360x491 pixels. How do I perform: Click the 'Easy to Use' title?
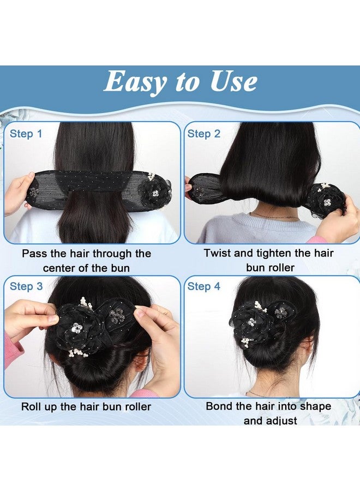click(x=180, y=82)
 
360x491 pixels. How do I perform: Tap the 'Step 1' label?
click(x=26, y=134)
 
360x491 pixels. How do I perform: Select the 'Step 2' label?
click(x=204, y=134)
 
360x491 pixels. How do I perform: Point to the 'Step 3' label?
click(x=26, y=286)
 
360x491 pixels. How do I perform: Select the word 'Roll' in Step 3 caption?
click(x=32, y=406)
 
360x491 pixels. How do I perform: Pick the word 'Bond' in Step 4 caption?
click(x=218, y=406)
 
